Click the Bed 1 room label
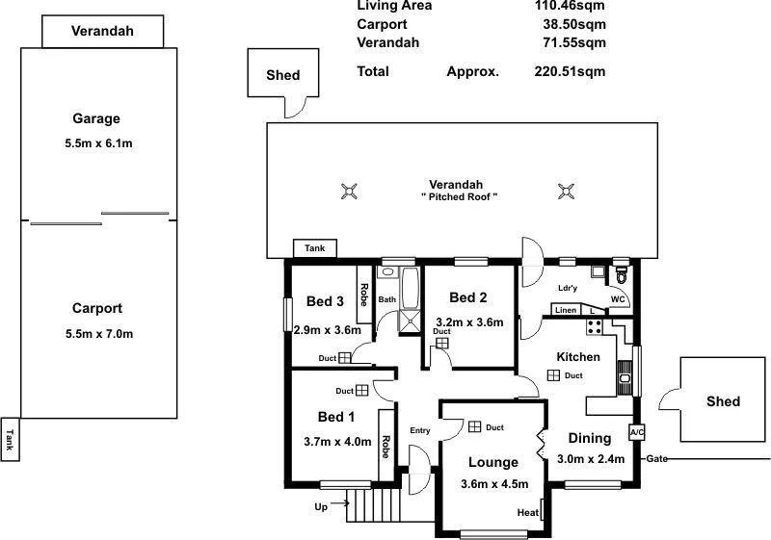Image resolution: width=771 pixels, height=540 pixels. pyautogui.click(x=336, y=417)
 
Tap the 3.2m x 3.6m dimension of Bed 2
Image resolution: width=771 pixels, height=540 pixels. pyautogui.click(x=469, y=322)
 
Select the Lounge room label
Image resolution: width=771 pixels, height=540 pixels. pyautogui.click(x=492, y=462)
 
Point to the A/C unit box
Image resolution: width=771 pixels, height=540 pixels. pyautogui.click(x=636, y=433)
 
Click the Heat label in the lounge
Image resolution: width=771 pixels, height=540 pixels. pyautogui.click(x=528, y=512)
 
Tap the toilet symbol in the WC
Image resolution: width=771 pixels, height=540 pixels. pyautogui.click(x=622, y=276)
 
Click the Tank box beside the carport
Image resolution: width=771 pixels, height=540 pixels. pyautogui.click(x=11, y=440)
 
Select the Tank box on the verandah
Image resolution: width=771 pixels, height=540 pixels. pyautogui.click(x=315, y=248)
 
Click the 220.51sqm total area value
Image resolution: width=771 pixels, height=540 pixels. pyautogui.click(x=570, y=71)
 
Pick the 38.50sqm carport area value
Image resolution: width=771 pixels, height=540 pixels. pyautogui.click(x=574, y=24)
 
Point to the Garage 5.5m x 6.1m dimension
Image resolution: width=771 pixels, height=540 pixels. pyautogui.click(x=95, y=144)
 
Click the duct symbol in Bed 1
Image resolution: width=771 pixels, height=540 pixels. pyautogui.click(x=361, y=391)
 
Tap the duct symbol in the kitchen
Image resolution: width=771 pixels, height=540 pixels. pyautogui.click(x=554, y=375)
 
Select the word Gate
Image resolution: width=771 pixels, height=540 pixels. pyautogui.click(x=657, y=458)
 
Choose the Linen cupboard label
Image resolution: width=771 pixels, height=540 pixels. pyautogui.click(x=566, y=310)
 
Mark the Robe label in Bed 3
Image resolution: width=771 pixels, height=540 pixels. pyautogui.click(x=364, y=295)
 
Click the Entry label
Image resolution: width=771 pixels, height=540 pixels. pyautogui.click(x=420, y=430)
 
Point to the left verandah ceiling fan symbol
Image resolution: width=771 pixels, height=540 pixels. pyautogui.click(x=349, y=192)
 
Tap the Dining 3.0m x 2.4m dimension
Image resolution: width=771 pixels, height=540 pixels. pyautogui.click(x=591, y=459)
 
